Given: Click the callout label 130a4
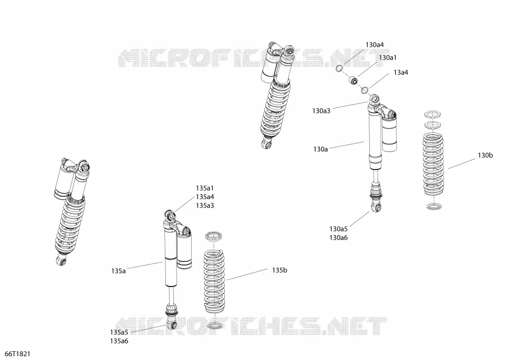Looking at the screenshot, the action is pos(374,45).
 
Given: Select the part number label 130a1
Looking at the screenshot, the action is pos(388,57).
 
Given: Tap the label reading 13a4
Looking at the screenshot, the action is pos(400,72).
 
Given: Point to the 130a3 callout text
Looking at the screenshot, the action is pos(321,111).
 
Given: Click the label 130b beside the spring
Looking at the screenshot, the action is pos(485,155).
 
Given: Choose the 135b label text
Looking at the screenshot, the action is pos(279,270).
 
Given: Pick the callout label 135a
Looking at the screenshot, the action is pos(118,271).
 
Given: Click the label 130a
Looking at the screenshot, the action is pos(320,150).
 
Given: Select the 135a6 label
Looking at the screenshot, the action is pos(119,341).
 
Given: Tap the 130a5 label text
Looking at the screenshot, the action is pos(338,229).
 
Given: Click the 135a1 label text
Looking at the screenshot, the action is pos(205,188).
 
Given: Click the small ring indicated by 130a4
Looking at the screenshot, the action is pos(339,68).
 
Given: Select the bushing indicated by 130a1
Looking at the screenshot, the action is pos(353,80).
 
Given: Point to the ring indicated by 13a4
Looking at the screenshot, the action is pos(365,90).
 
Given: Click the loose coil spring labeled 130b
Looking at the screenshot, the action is pos(433,165).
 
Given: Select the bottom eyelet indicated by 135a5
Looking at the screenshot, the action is pos(172,325).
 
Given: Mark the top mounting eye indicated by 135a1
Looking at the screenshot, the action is pos(170,215).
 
